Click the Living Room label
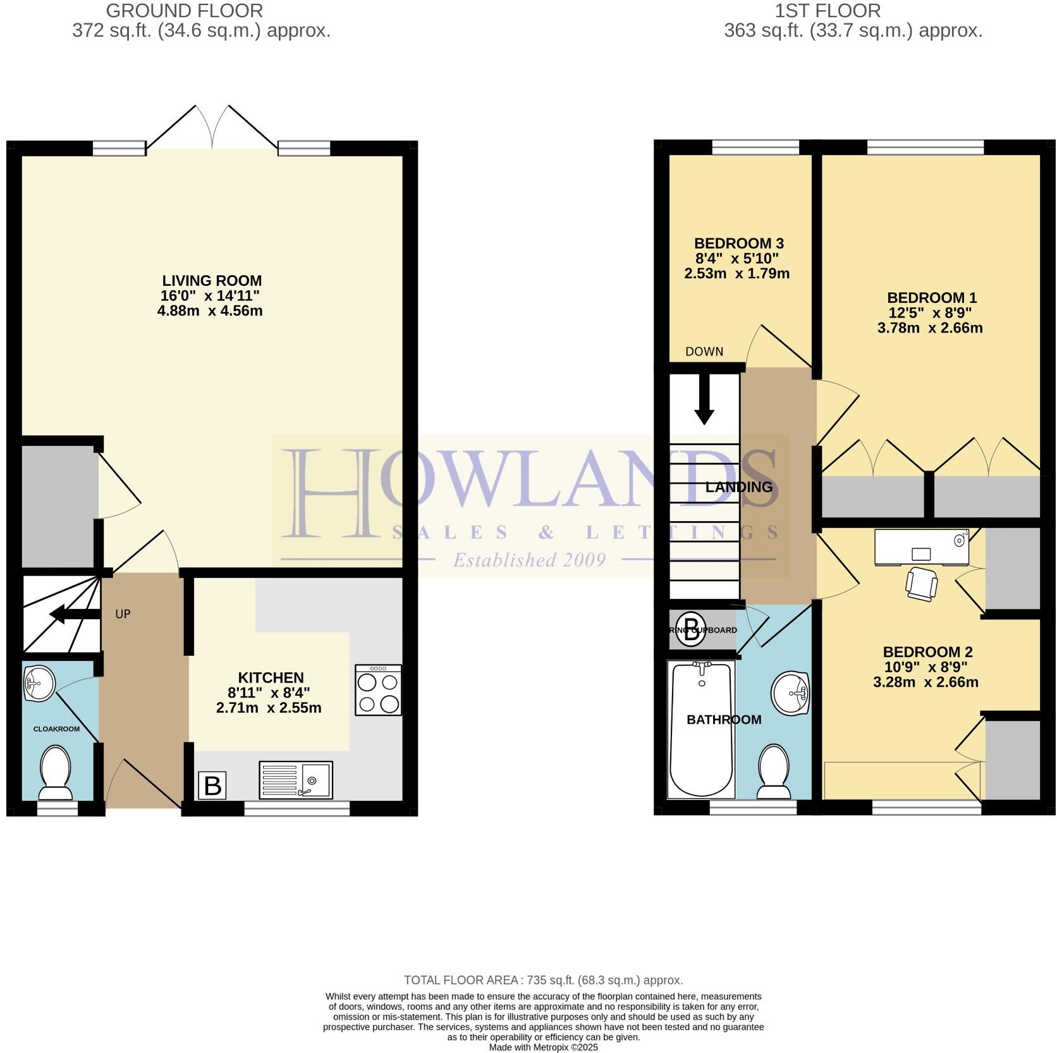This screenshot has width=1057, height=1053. (211, 280)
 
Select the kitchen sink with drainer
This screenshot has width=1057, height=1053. (295, 780)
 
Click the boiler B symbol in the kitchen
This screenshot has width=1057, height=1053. (212, 785)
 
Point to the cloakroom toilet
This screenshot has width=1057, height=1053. (55, 772)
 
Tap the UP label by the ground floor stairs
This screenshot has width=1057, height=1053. (123, 614)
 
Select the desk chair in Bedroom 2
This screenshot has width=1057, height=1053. (921, 582)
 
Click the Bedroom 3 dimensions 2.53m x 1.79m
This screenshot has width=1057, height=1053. (736, 274)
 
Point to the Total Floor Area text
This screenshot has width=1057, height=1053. (543, 980)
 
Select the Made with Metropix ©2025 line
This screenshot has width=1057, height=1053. (543, 1047)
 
